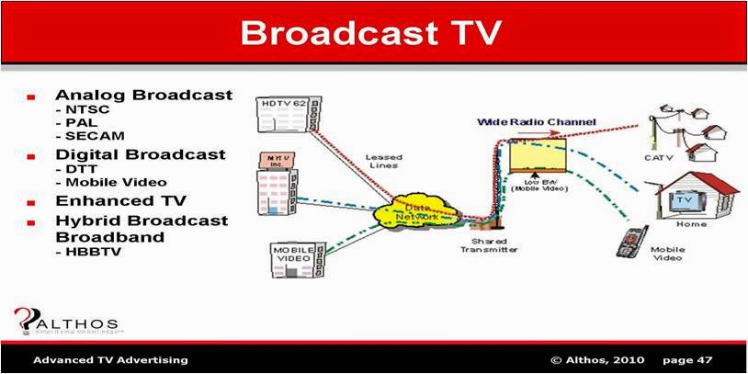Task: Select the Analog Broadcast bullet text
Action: click(142, 95)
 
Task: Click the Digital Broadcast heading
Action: click(140, 153)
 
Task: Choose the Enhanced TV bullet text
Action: click(120, 199)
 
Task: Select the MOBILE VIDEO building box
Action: click(293, 257)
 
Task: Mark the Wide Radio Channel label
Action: click(537, 121)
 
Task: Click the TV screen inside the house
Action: click(683, 201)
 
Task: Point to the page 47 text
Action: click(685, 359)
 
